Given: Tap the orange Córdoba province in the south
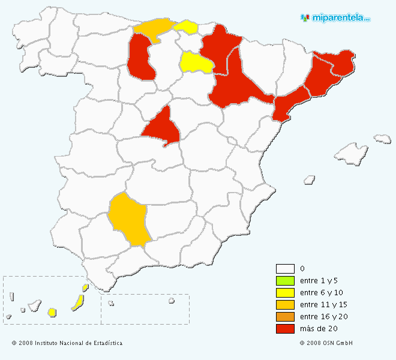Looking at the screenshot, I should [128, 219].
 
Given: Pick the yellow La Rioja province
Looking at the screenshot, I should [196, 62].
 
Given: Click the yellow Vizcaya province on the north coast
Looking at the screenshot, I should [187, 26].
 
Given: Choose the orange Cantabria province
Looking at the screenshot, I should [153, 28].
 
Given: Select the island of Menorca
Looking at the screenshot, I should [382, 139].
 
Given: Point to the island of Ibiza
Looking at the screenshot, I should [310, 179].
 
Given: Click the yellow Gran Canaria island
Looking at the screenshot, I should [52, 312].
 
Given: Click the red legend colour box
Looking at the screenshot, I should [285, 329].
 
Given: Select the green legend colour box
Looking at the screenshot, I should [285, 281].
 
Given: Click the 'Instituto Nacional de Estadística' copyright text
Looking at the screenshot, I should [67, 343].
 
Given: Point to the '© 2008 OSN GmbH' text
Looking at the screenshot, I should [326, 343].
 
